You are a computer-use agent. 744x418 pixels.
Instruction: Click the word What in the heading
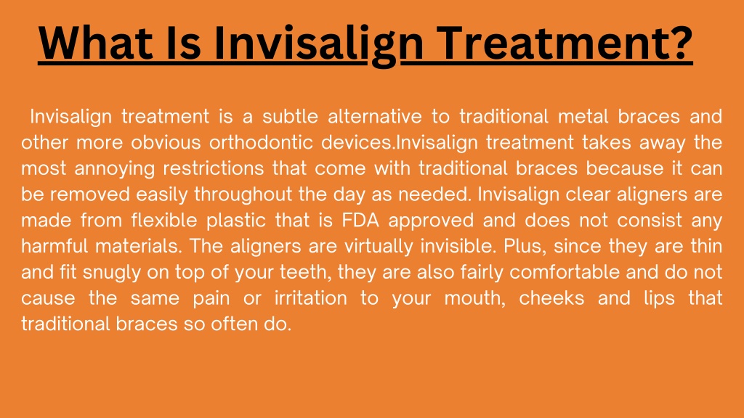pos(96,43)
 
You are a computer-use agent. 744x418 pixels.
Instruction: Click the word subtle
pos(290,116)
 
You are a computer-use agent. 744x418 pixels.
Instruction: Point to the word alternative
pos(375,116)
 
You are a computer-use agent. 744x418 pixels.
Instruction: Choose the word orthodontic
pos(261,142)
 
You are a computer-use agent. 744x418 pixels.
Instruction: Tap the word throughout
pos(243,195)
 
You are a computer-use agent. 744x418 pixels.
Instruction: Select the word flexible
pos(163,221)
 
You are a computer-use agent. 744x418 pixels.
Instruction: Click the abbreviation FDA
pos(360,221)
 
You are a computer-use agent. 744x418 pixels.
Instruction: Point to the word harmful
pos(54,247)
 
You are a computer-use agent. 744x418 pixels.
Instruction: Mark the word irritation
pos(310,298)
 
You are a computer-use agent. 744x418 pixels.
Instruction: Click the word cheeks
pos(551,298)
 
